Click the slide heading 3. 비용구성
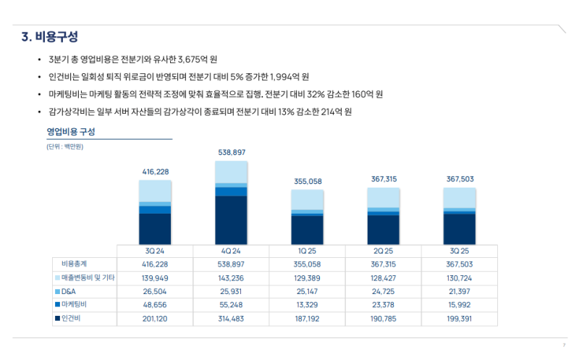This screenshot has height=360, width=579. pyautogui.click(x=50, y=36)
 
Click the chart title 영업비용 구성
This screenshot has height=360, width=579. pyautogui.click(x=71, y=132)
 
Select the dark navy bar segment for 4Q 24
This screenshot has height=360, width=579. pyautogui.click(x=231, y=219)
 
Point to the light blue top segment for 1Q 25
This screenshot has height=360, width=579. pyautogui.click(x=307, y=200)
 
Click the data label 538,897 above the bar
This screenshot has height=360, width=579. pyautogui.click(x=232, y=152)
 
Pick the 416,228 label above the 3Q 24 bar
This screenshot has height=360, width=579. pyautogui.click(x=155, y=172)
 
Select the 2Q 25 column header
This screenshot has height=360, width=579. pyautogui.click(x=383, y=251)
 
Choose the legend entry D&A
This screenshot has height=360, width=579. pyautogui.click(x=69, y=291)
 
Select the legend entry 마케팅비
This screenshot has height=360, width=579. pyautogui.click(x=75, y=305)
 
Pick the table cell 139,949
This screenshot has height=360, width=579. pyautogui.click(x=155, y=277)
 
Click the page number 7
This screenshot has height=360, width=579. pyautogui.click(x=563, y=345)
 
